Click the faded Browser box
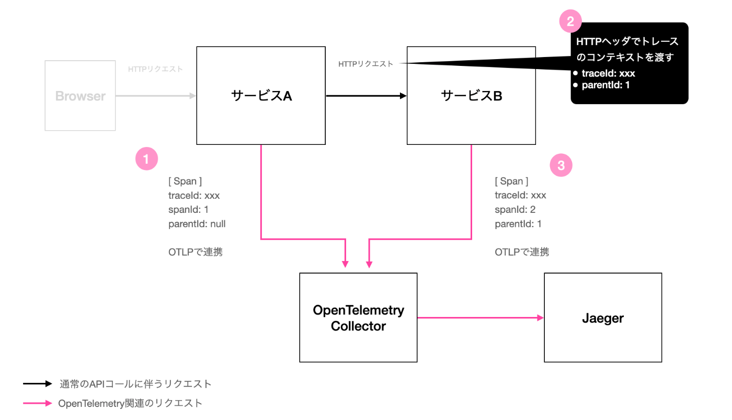pos(80,96)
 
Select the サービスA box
pos(261,95)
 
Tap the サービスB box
pos(471,95)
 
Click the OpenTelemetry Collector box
pos(358,317)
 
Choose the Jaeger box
pos(603,317)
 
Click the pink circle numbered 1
pos(146,158)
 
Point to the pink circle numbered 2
pos(570,21)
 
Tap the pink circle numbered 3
pos(561,166)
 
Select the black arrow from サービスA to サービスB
pos(366,96)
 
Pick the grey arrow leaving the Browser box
pos(155,96)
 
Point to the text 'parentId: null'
pos(197,224)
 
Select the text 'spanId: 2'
pos(515,210)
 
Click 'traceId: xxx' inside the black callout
pos(608,73)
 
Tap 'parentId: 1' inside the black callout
pos(605,85)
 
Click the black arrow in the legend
pos(38,384)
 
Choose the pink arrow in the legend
pos(38,403)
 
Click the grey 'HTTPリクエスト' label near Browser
pos(155,69)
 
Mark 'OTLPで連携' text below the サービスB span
pos(522,252)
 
